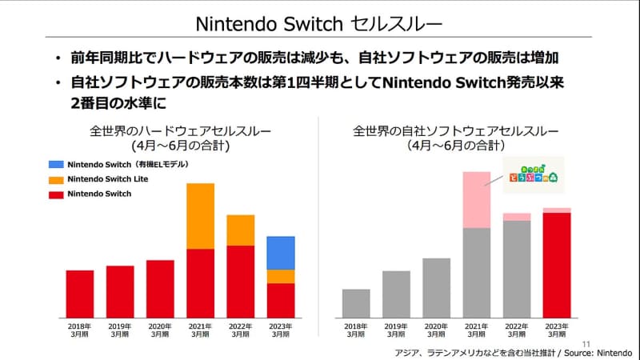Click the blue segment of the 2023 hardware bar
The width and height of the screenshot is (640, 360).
[x=280, y=253]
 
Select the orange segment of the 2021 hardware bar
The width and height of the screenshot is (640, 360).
[x=200, y=216]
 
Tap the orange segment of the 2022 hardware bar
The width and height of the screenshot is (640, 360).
[x=240, y=230]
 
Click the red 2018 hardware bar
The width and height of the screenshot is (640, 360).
[x=80, y=293]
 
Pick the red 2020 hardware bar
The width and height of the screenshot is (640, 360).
[x=160, y=288]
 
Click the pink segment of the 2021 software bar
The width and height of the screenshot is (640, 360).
[x=477, y=200]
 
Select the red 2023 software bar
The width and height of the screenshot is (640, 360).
[x=557, y=264]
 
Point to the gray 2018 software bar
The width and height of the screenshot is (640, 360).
[x=356, y=302]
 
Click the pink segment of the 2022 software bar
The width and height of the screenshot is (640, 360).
[x=517, y=217]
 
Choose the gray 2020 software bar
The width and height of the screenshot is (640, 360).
[x=437, y=287]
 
